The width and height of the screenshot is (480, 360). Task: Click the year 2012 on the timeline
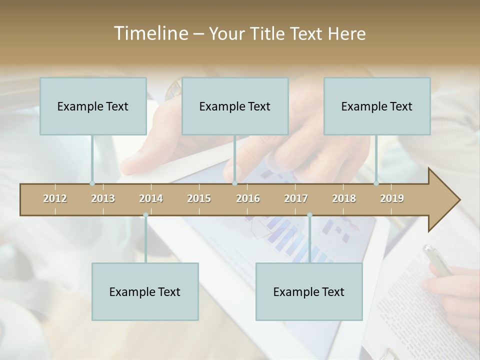click(x=55, y=198)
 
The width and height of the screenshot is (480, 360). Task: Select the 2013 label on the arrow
click(x=103, y=198)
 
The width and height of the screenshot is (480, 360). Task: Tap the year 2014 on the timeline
click(x=151, y=198)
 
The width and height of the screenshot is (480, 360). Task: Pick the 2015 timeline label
click(x=199, y=198)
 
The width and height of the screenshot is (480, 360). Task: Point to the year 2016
click(x=248, y=198)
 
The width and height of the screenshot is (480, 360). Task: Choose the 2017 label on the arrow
click(x=296, y=198)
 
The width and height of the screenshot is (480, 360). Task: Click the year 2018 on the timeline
click(x=344, y=198)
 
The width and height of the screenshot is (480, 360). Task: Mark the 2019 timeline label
click(x=392, y=198)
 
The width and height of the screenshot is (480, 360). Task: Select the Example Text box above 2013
click(x=93, y=106)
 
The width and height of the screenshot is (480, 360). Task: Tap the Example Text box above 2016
click(x=235, y=106)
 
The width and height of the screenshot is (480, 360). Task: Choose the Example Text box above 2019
click(x=377, y=106)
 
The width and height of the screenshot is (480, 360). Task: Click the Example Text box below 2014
click(x=145, y=291)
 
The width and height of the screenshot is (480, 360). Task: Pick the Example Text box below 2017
click(x=309, y=291)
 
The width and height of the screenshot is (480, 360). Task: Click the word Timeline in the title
click(x=149, y=33)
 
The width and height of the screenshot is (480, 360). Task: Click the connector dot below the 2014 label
click(x=145, y=215)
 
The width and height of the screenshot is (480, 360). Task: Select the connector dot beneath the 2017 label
click(x=309, y=215)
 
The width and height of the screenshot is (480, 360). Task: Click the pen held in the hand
click(x=436, y=260)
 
